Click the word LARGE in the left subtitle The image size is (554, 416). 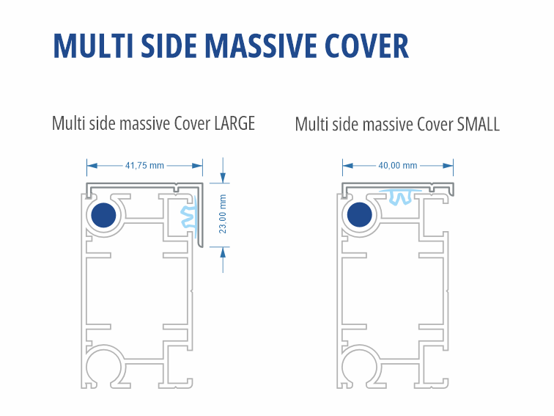click(x=234, y=123)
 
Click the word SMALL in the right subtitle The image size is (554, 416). click(x=478, y=124)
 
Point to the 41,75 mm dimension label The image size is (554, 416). click(x=144, y=166)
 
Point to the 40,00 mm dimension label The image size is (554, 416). click(x=397, y=166)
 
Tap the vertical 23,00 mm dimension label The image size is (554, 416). click(x=223, y=213)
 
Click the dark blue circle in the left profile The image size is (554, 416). click(x=104, y=216)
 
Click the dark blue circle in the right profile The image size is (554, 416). click(x=360, y=216)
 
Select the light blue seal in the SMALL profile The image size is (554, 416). click(x=399, y=196)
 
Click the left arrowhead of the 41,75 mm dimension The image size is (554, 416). click(x=91, y=166)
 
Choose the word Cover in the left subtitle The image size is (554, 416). click(x=193, y=123)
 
